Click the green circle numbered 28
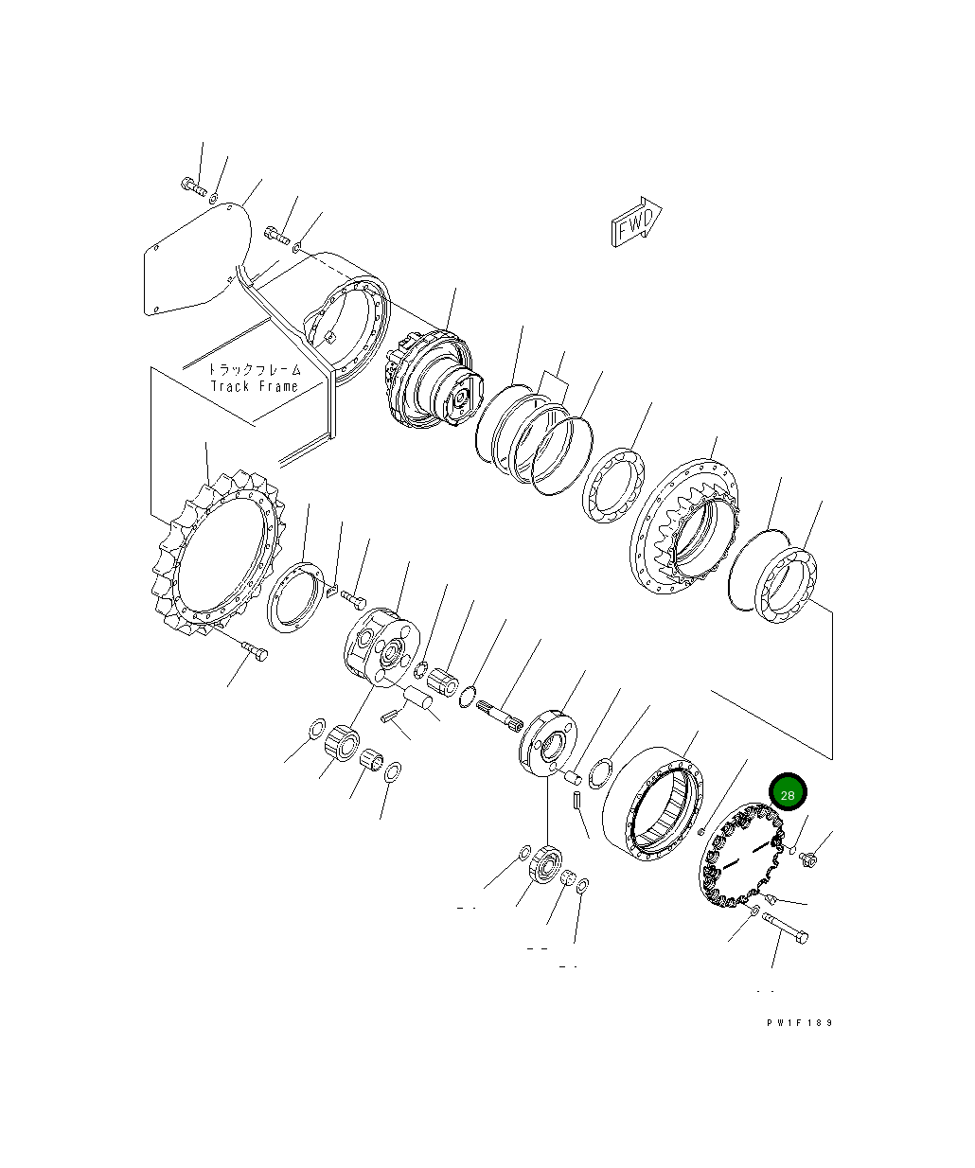point(788,794)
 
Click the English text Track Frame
point(254,386)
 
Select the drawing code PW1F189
point(800,1022)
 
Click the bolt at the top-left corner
point(191,186)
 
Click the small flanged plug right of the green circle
point(808,859)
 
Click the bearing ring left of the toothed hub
point(614,485)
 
